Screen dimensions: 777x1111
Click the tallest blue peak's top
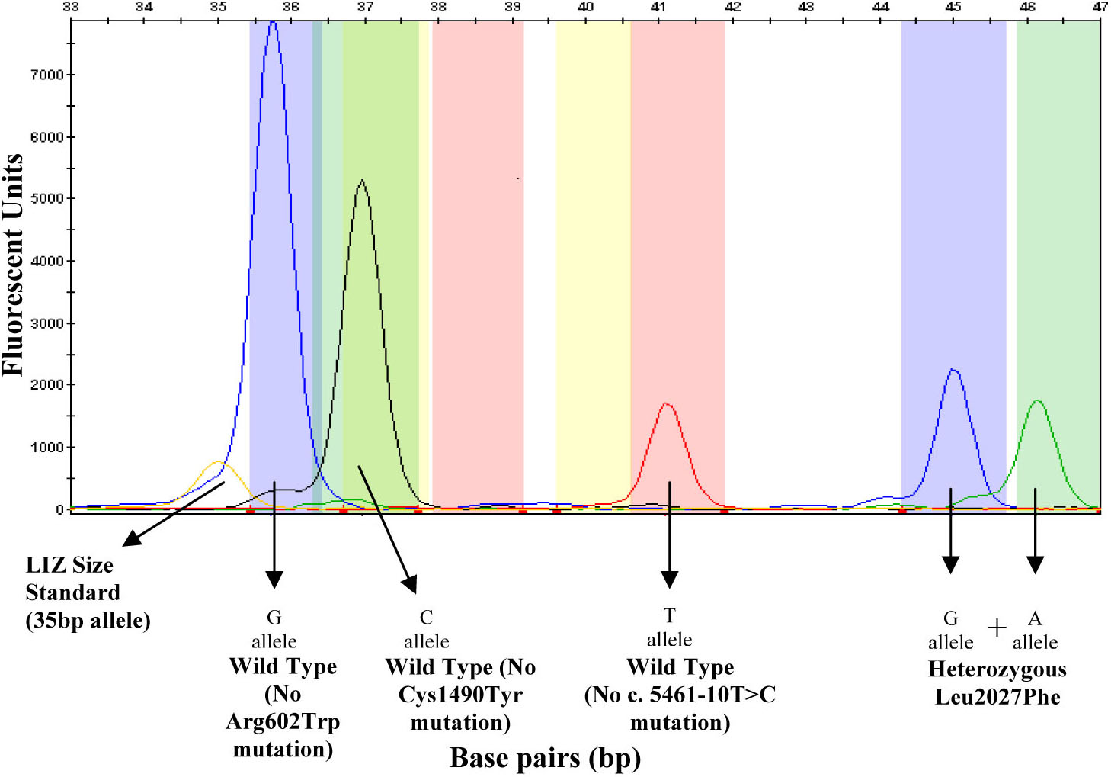(273, 23)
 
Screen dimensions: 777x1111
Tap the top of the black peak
(362, 181)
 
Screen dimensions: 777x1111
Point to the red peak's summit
(667, 403)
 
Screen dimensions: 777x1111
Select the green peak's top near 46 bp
(1037, 400)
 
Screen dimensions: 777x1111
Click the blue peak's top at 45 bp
(953, 371)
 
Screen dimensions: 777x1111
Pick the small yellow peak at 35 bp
(218, 462)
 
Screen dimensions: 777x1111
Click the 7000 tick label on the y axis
(46, 75)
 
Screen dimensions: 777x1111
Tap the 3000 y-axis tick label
(46, 323)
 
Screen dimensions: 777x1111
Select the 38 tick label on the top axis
(437, 7)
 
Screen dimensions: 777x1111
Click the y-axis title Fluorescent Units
(13, 265)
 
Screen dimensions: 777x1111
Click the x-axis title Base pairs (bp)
(545, 758)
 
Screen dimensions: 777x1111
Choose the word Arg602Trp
(283, 721)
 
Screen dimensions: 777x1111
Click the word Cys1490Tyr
(460, 695)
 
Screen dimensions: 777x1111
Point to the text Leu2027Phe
(997, 697)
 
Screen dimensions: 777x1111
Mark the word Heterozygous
(997, 669)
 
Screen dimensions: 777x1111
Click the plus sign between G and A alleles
(996, 628)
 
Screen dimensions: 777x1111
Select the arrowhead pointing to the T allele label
(669, 580)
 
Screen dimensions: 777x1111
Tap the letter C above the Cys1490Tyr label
(426, 617)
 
